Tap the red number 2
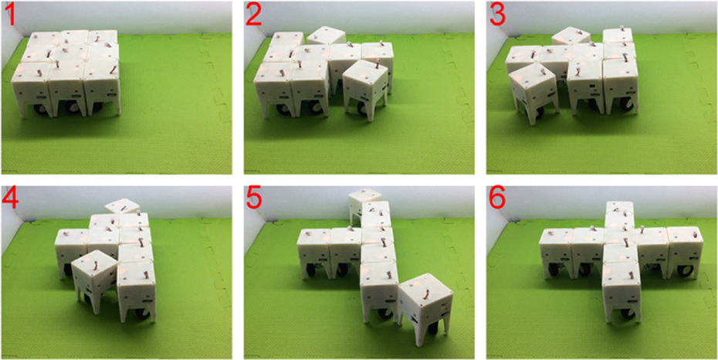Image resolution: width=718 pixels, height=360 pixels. tap(254, 15)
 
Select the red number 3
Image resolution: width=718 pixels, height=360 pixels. tap(498, 15)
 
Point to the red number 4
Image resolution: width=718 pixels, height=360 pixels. tap(11, 198)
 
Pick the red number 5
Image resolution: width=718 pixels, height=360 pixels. tap(254, 198)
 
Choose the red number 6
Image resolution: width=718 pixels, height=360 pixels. tap(498, 198)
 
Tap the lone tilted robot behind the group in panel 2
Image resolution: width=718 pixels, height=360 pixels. tap(326, 36)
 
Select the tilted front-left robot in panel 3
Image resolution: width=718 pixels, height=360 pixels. tap(533, 93)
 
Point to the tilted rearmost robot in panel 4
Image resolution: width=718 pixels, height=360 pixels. tap(122, 205)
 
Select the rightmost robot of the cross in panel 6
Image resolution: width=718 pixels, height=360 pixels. tap(684, 251)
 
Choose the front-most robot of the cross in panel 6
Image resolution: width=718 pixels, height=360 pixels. tap(621, 292)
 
